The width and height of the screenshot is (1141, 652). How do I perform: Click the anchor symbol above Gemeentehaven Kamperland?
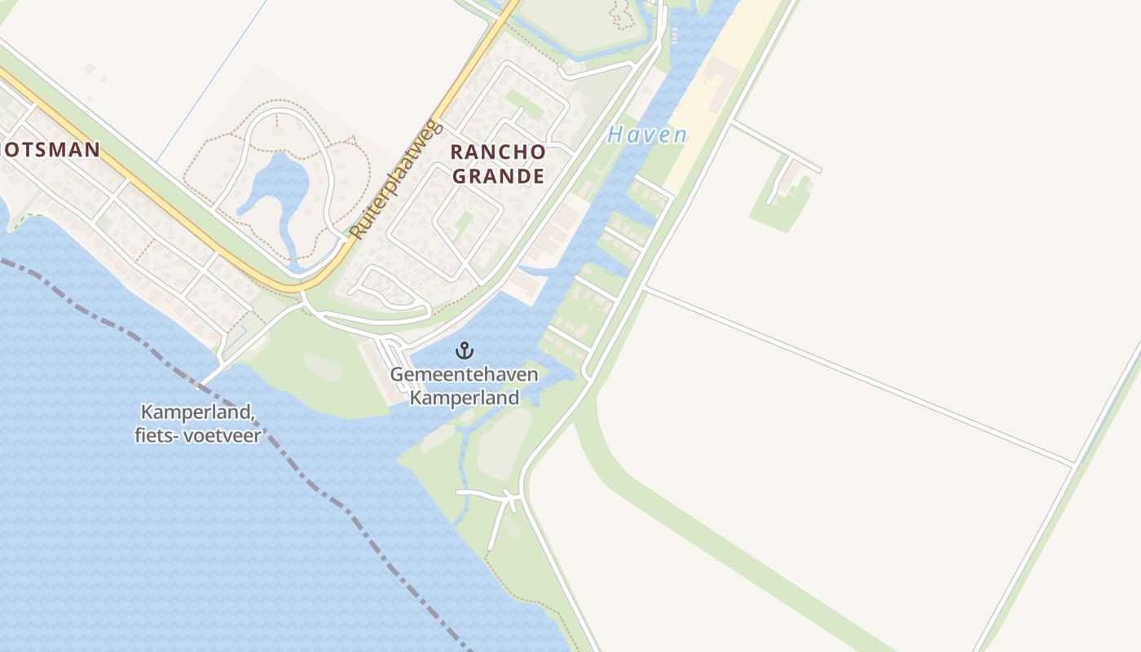(x=465, y=351)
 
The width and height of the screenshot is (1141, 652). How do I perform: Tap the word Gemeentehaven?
(x=465, y=374)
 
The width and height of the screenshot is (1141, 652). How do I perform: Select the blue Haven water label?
(x=647, y=134)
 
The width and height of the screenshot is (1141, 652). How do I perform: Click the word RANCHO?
(x=497, y=152)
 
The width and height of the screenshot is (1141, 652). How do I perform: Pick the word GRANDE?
(x=497, y=175)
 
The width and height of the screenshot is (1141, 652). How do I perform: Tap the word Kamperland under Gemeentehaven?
(x=465, y=398)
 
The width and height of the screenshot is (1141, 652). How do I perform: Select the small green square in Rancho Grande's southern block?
(x=464, y=221)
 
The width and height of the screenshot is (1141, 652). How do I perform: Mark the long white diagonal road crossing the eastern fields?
(x=856, y=374)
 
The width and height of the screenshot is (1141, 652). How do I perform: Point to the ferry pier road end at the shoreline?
(x=204, y=381)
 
